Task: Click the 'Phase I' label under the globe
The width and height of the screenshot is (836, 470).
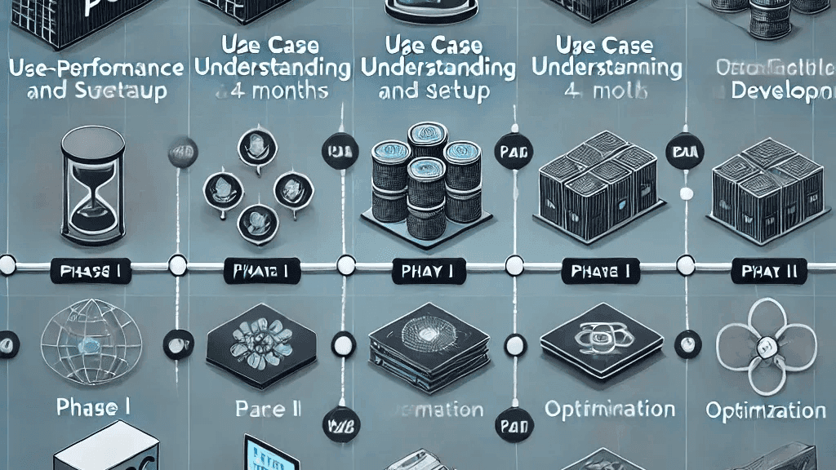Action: pos(94,406)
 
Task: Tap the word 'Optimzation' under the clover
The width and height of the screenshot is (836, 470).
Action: pos(766,409)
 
